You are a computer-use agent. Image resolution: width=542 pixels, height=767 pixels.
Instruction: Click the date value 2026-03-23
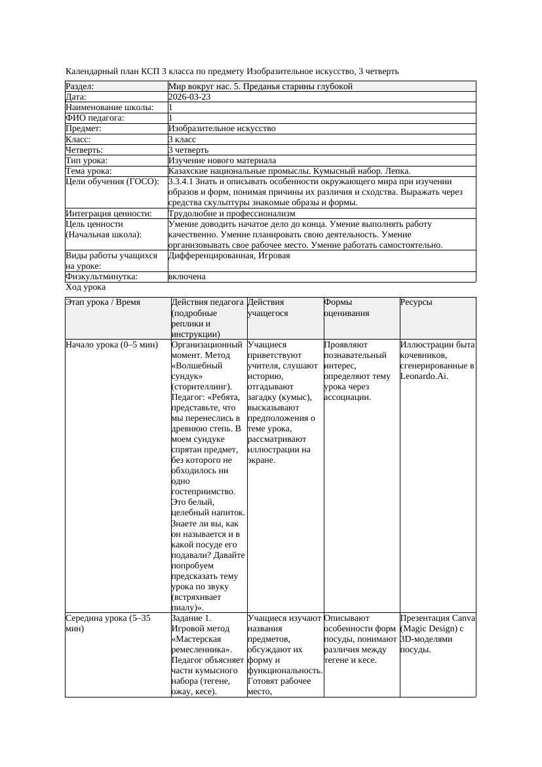coord(189,96)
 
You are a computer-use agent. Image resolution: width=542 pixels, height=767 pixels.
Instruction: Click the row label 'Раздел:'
coord(80,86)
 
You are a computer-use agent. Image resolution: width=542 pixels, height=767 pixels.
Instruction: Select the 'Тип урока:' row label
coord(87,160)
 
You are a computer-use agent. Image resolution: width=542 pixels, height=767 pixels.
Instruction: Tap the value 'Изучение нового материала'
coord(222,160)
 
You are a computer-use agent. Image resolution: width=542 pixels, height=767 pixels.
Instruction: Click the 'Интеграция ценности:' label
coord(109,213)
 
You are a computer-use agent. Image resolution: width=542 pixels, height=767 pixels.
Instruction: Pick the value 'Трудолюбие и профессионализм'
coord(231,213)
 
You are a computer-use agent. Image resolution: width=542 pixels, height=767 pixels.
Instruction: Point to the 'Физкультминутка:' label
coord(101,277)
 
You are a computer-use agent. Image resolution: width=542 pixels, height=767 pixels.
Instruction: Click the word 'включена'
coord(187,277)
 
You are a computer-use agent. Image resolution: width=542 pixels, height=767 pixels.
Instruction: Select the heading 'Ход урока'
coord(86,287)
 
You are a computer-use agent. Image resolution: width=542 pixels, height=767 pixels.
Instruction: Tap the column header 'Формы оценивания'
coord(347,307)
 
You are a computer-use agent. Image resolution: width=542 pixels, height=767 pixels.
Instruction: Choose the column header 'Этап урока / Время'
coord(103,302)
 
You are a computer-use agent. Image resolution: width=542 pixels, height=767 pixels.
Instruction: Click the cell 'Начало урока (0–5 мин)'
coord(112,344)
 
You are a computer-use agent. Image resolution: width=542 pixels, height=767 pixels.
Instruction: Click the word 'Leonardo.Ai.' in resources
coord(424,376)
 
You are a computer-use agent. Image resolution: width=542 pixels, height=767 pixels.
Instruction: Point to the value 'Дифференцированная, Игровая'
coord(229,256)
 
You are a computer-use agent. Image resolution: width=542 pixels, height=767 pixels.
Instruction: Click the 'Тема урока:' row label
coord(88,170)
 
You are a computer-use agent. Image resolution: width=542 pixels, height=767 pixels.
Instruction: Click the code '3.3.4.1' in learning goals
coord(182,181)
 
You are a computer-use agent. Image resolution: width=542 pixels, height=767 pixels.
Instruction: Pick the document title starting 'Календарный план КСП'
coord(232,71)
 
